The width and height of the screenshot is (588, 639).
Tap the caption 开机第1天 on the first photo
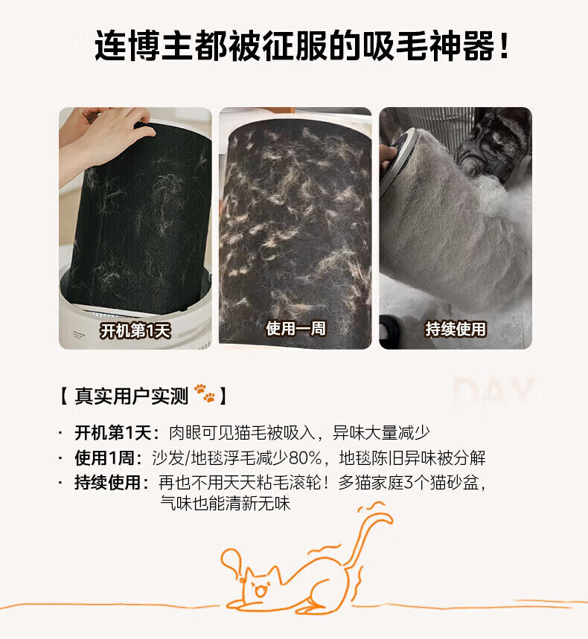coord(135,330)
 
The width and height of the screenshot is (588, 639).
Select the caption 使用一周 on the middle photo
coord(295,328)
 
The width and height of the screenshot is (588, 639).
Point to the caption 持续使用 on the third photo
coord(456,329)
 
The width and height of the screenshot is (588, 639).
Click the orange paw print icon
coord(205,393)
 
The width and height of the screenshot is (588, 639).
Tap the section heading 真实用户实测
coord(131,396)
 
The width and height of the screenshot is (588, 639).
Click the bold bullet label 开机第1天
coord(113,432)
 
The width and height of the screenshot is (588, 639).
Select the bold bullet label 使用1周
coord(104,457)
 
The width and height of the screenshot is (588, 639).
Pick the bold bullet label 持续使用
coord(108,483)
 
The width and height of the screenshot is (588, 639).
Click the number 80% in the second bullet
coord(305,458)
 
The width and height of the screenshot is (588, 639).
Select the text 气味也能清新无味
coord(225,504)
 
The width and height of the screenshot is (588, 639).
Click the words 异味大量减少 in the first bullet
coord(381,433)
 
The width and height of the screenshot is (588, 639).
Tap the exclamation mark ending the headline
coord(505,45)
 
